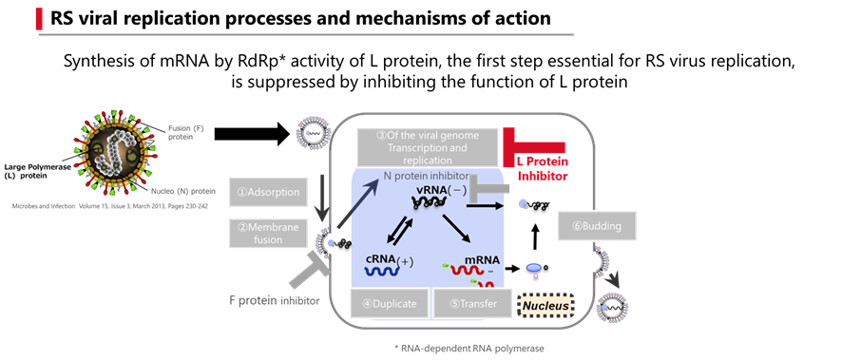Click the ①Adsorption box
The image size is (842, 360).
click(x=268, y=192)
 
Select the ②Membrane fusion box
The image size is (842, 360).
click(x=268, y=233)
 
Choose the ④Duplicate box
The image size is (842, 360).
click(x=389, y=304)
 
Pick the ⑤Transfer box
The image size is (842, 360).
click(x=472, y=304)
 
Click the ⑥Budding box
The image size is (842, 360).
click(x=597, y=226)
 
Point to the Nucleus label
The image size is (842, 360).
click(x=545, y=306)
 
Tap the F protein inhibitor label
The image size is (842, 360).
click(x=275, y=301)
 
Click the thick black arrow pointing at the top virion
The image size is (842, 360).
click(x=257, y=132)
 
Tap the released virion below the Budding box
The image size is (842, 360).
click(x=613, y=307)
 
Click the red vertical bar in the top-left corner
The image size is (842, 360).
click(x=39, y=18)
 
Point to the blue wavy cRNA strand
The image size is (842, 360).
click(x=384, y=271)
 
